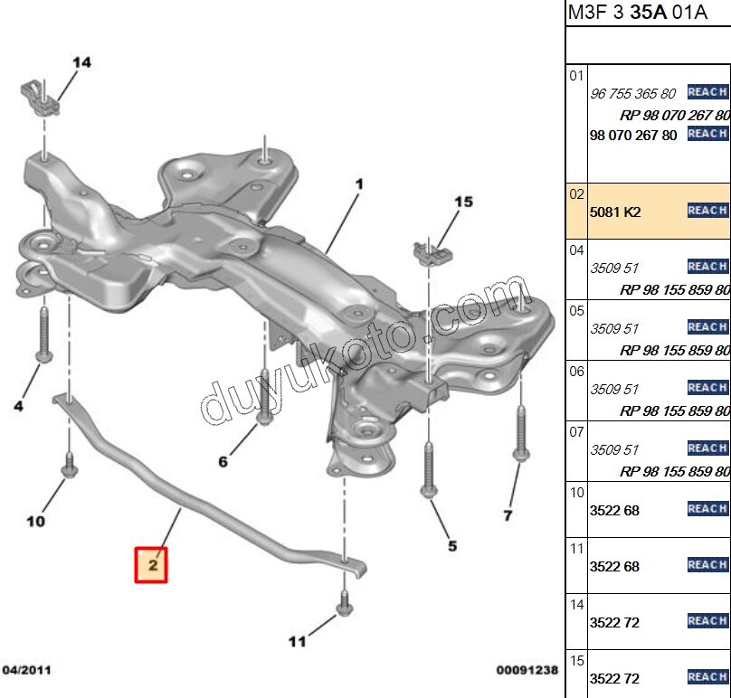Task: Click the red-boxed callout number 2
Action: tap(151, 565)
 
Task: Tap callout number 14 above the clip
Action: tap(81, 62)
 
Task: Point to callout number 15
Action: tap(463, 202)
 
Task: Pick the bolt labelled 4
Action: tap(43, 335)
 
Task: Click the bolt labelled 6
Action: tap(264, 398)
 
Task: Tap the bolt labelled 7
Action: tap(520, 434)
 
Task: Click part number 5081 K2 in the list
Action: tap(615, 212)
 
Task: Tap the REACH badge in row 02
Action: tap(707, 211)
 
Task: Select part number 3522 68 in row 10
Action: tap(614, 511)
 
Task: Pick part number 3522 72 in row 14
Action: tap(614, 623)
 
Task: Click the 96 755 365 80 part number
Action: tap(632, 94)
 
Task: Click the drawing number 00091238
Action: tap(527, 670)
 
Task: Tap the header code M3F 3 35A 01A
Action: tap(625, 13)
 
